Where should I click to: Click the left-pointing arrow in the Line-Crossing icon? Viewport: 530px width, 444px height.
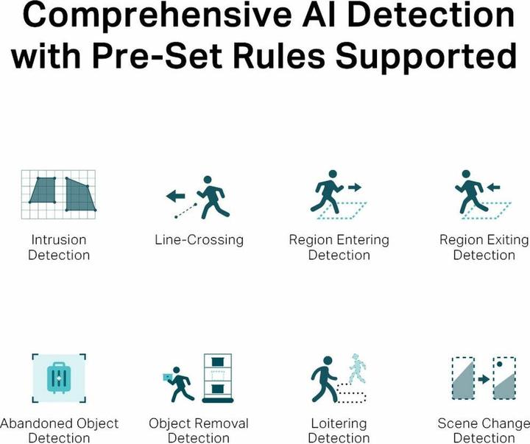coord(174,197)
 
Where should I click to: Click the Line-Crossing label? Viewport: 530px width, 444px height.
coord(199,240)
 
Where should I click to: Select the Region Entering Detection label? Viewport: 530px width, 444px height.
coord(339,247)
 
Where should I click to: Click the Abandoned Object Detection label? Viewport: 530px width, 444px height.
coord(58,431)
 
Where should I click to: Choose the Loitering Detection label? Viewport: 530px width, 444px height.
coord(339,431)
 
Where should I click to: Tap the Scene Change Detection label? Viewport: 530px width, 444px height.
coord(484,431)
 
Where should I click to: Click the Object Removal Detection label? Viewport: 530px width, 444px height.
coord(199,431)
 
